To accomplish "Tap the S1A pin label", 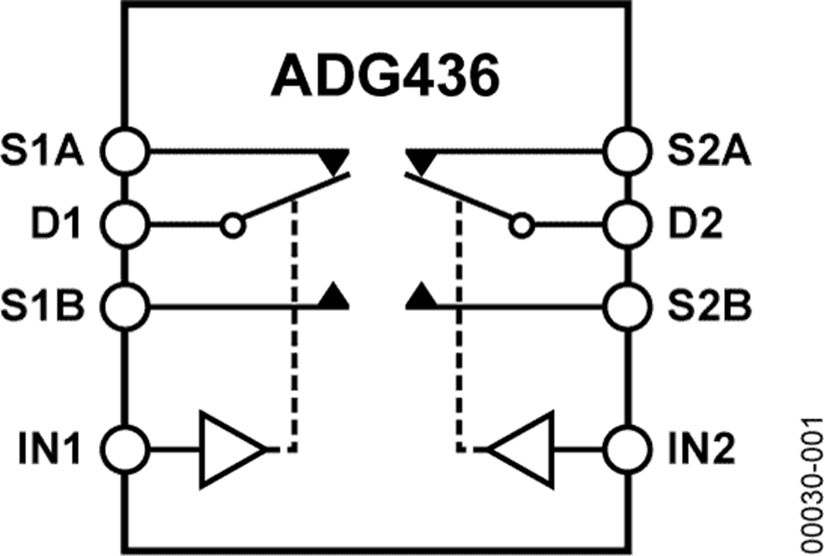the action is point(43,151).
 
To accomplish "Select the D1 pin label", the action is point(56,224).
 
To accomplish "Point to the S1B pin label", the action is point(43,306).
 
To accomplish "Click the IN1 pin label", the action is point(49,450).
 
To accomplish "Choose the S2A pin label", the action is point(710,151).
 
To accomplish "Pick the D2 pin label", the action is point(696,224).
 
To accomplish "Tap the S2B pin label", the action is point(710,306).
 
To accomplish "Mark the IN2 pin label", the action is point(702,450).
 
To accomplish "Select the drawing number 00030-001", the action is point(812,486).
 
